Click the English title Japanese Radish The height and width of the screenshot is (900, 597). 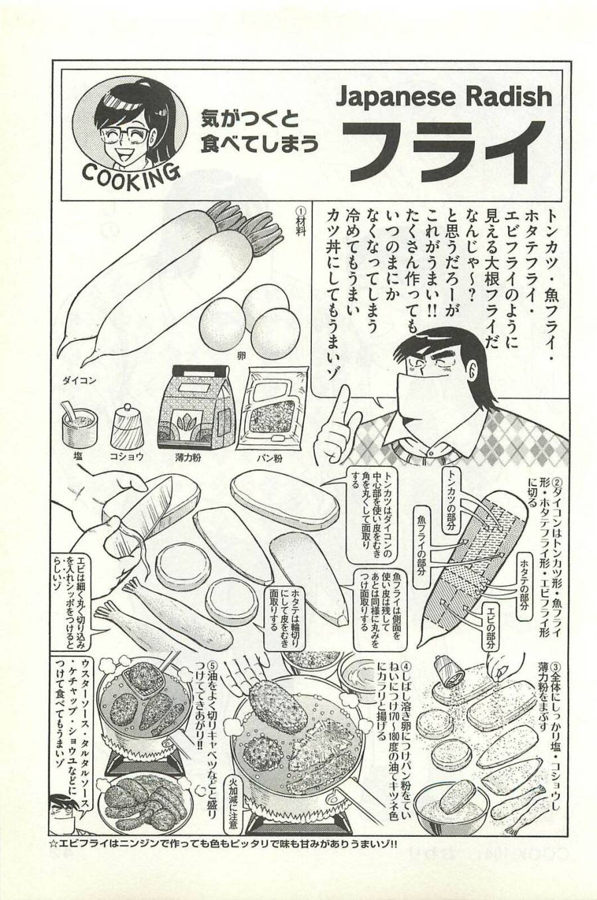point(444,97)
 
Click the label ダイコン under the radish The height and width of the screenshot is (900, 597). point(80,381)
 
